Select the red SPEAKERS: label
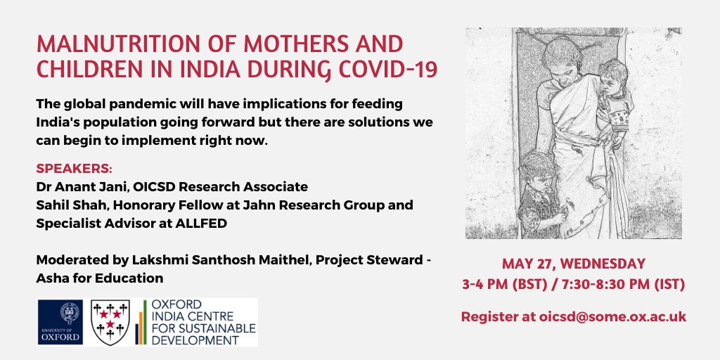point(74,169)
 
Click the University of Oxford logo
point(60,322)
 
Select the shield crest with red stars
point(110,322)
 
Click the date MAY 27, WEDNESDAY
point(574,264)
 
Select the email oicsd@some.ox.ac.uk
point(613,317)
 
